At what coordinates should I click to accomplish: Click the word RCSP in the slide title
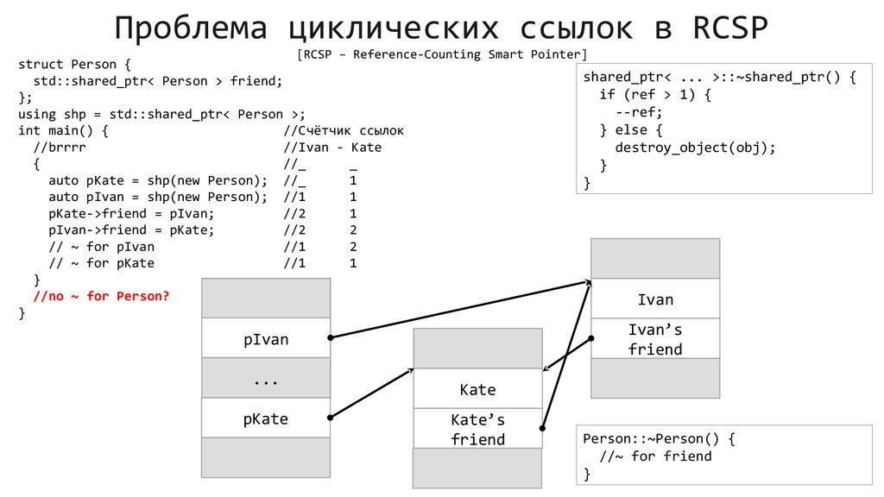pyautogui.click(x=730, y=28)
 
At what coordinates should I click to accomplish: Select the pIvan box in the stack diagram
pyautogui.click(x=266, y=339)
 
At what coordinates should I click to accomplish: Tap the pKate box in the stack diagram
pyautogui.click(x=266, y=419)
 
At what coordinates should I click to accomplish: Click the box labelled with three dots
pyautogui.click(x=266, y=378)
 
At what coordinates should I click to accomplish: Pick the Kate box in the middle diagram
pyautogui.click(x=477, y=389)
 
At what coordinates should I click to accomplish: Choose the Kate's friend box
pyautogui.click(x=477, y=429)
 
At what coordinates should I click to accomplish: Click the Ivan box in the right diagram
pyautogui.click(x=655, y=299)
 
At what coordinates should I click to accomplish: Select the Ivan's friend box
pyautogui.click(x=655, y=339)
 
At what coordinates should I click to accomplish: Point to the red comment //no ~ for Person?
pyautogui.click(x=101, y=296)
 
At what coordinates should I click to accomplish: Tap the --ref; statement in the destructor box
pyautogui.click(x=639, y=112)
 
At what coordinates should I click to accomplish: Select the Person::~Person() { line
pyautogui.click(x=660, y=438)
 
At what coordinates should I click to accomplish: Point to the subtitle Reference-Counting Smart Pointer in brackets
pyautogui.click(x=441, y=55)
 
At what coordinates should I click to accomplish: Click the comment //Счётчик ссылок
pyautogui.click(x=344, y=130)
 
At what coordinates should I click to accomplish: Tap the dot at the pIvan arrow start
pyautogui.click(x=331, y=337)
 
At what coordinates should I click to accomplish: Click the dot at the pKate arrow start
pyautogui.click(x=331, y=418)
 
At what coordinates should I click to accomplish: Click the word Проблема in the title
pyautogui.click(x=193, y=28)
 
